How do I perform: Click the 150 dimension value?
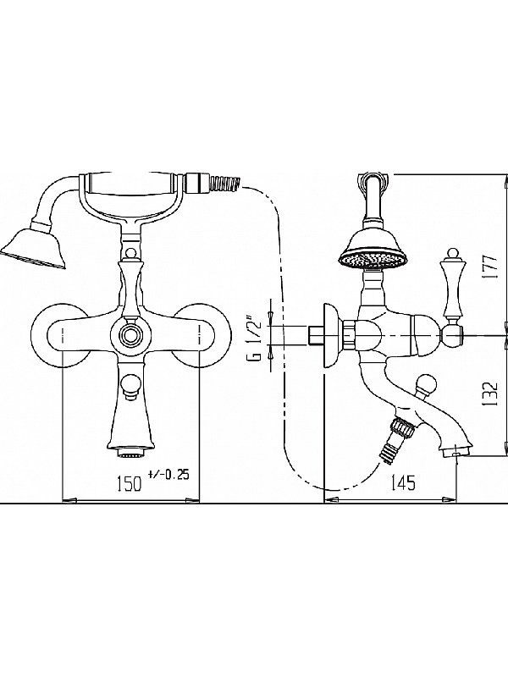pyautogui.click(x=130, y=483)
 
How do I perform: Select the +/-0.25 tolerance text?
pyautogui.click(x=168, y=475)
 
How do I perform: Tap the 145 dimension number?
pyautogui.click(x=404, y=482)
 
